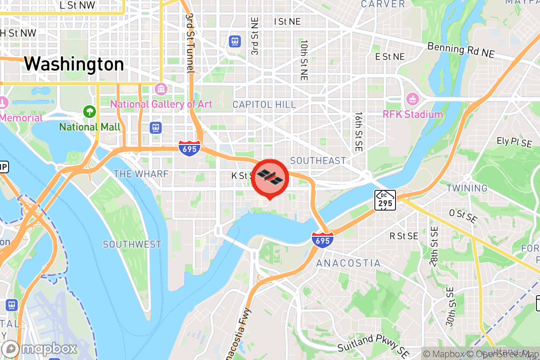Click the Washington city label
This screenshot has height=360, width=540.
pyautogui.click(x=74, y=64)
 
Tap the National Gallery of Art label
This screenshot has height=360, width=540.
pyautogui.click(x=161, y=104)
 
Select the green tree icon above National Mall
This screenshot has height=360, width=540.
pyautogui.click(x=90, y=111)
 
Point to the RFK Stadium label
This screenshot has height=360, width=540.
pyautogui.click(x=413, y=114)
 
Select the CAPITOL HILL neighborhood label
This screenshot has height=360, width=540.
pyautogui.click(x=264, y=105)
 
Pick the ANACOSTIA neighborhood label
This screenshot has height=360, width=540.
pyautogui.click(x=348, y=263)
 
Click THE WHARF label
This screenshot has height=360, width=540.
pyautogui.click(x=141, y=174)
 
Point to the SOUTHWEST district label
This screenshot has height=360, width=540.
pyautogui.click(x=132, y=244)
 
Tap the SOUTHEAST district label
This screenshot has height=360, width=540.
pyautogui.click(x=318, y=161)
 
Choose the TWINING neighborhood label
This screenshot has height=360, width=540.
pyautogui.click(x=467, y=188)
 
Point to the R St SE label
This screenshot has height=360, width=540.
pyautogui.click(x=404, y=236)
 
